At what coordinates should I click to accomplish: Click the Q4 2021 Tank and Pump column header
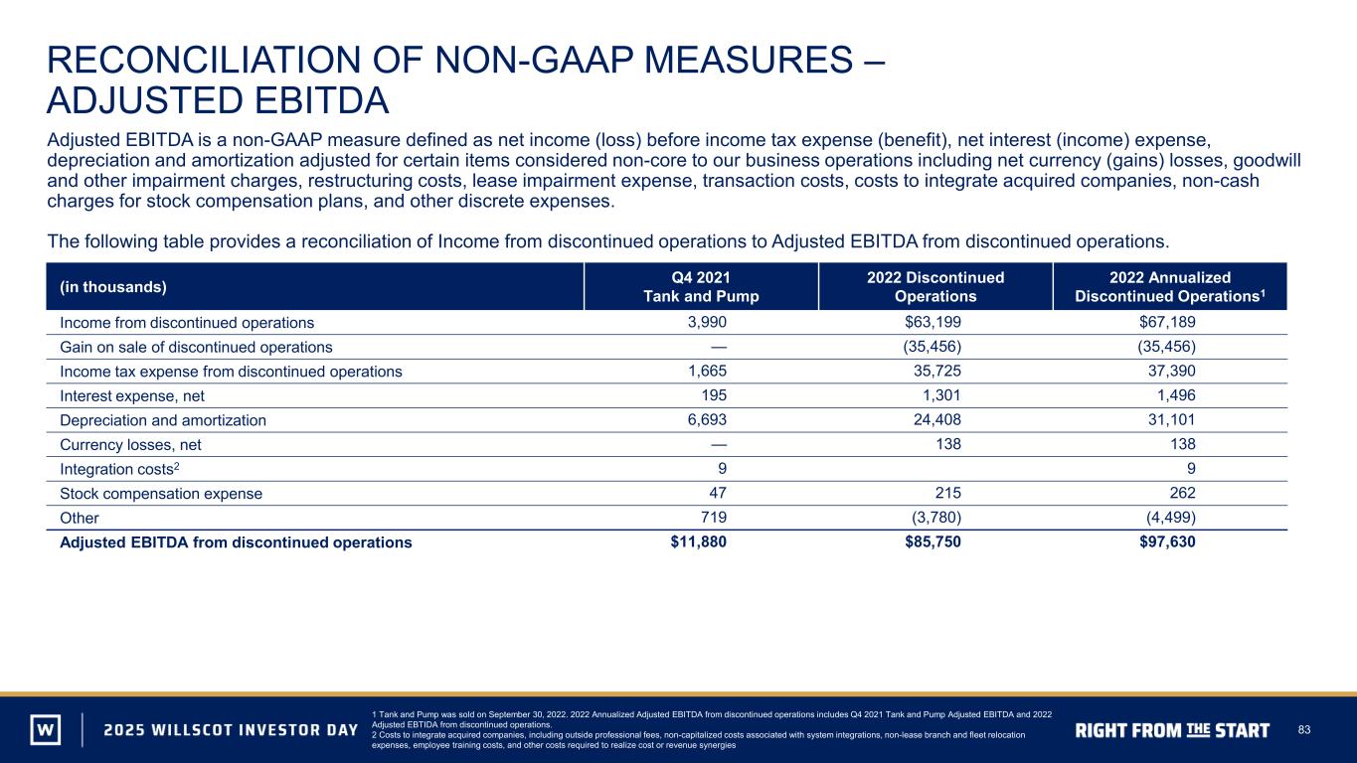pos(701,287)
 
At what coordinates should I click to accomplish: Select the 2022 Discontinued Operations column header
pos(935,287)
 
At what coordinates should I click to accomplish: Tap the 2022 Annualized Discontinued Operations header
pos(1170,287)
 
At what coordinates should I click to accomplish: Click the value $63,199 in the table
pos(933,322)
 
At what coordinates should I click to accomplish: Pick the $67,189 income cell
pos(1167,322)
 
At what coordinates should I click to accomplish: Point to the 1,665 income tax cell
pos(707,371)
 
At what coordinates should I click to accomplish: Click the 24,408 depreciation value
pos(937,419)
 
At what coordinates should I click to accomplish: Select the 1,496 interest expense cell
pos(1176,395)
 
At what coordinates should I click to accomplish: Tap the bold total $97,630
pos(1167,542)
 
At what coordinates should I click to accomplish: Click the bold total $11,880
pos(699,542)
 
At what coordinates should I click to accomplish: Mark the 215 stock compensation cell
pos(948,493)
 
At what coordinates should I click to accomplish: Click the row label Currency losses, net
pos(130,445)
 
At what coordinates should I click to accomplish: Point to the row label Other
pos(80,519)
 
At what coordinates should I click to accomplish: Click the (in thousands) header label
pos(113,287)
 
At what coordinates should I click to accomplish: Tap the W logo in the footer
pos(46,729)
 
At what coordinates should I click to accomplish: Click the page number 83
pos(1304,730)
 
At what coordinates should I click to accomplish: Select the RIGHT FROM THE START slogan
pos(1172,730)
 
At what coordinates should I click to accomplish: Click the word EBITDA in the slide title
pos(322,100)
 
